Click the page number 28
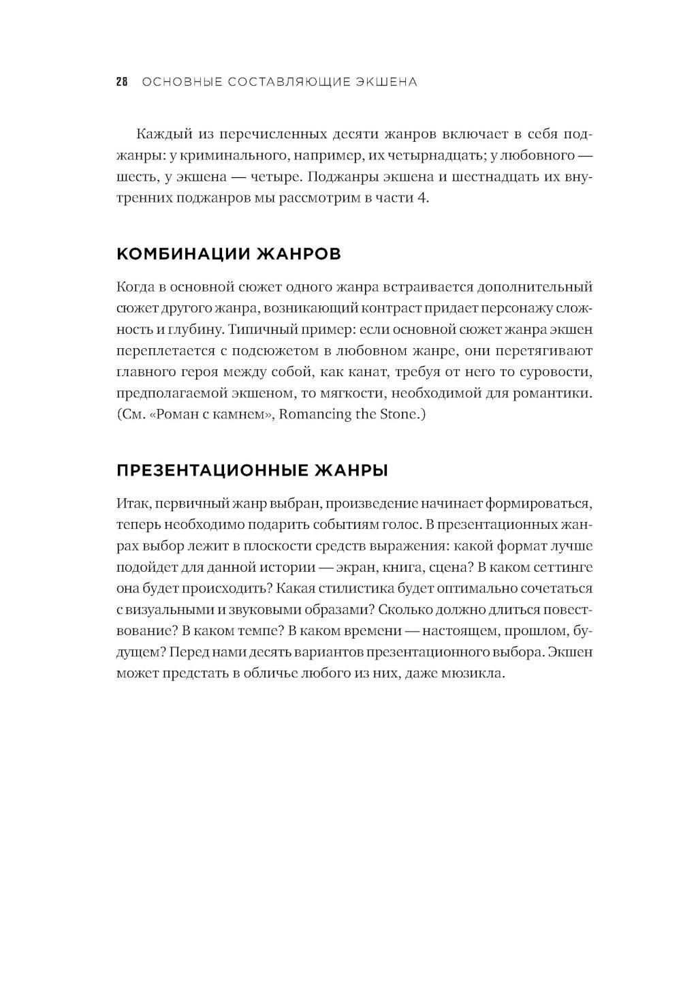[x=122, y=82]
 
